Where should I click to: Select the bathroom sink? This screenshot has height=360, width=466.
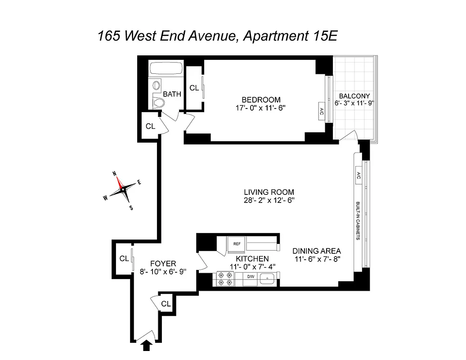point(156,85)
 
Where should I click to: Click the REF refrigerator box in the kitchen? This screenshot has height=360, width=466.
point(236,243)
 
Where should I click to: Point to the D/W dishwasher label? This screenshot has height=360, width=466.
point(251,276)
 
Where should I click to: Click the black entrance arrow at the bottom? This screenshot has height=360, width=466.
point(147,345)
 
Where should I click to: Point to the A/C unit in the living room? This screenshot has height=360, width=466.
point(358,175)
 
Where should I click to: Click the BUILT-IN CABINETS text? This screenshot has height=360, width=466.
point(358,220)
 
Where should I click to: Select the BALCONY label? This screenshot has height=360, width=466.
point(354,96)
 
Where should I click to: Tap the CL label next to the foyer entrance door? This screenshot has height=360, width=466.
point(166,304)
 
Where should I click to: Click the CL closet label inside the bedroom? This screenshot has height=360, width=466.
point(194,88)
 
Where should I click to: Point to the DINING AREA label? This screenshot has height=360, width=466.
point(316,251)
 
